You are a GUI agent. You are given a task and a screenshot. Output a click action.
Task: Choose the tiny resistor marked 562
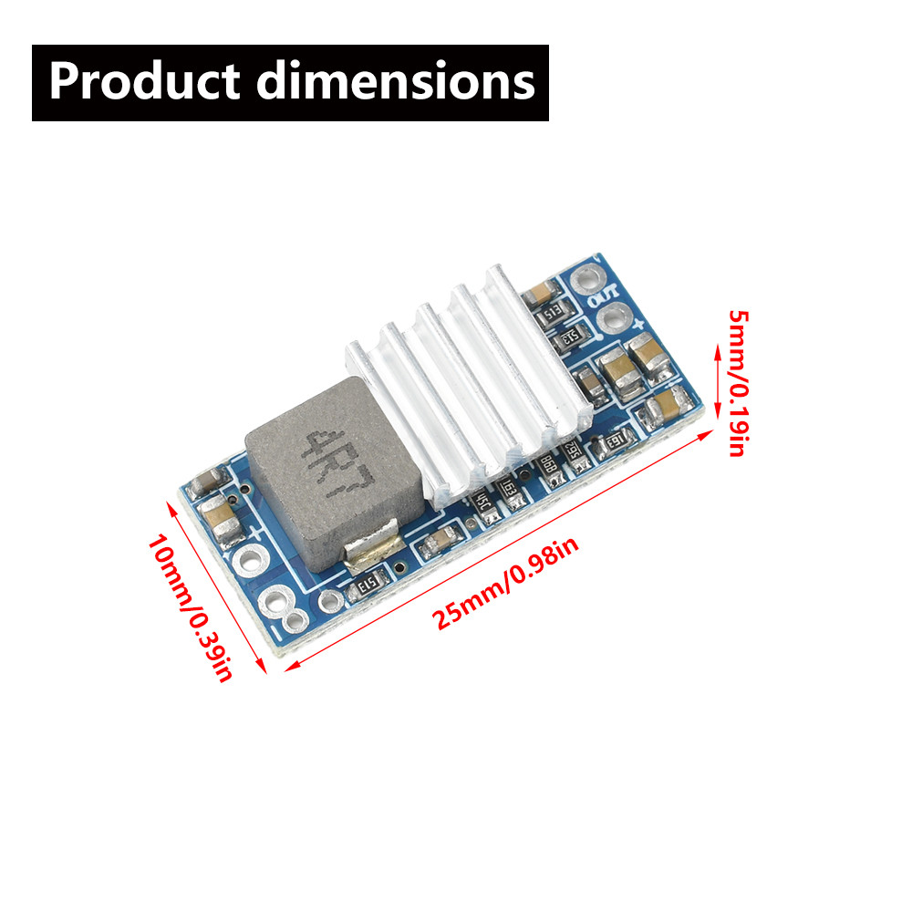click(574, 452)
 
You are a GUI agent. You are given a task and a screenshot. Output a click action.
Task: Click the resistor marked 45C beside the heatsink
click(479, 501)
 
